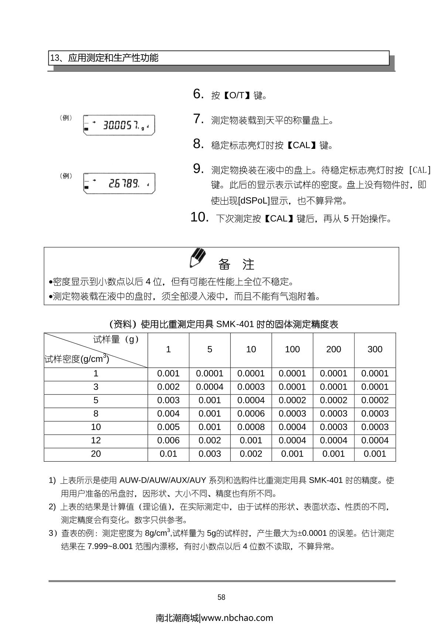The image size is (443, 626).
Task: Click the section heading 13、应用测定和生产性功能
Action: point(104,58)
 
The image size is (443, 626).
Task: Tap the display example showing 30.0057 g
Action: point(119,125)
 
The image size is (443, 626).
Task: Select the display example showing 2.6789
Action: point(119,183)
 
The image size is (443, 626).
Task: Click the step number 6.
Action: point(198,94)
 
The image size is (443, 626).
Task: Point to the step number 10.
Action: point(199,218)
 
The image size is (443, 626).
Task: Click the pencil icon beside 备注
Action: point(197,258)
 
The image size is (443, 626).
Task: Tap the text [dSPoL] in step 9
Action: point(254,201)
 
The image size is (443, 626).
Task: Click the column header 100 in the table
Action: point(292,349)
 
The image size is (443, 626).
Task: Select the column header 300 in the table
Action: point(375,349)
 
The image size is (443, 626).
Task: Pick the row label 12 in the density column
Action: point(96,441)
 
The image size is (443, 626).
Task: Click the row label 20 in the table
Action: point(96,454)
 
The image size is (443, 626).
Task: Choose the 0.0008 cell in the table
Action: point(251,427)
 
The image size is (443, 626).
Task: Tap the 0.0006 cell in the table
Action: point(251,414)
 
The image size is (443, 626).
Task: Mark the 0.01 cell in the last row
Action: point(168,454)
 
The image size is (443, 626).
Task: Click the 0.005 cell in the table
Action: point(168,427)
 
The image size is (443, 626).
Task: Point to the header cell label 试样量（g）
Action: point(116,340)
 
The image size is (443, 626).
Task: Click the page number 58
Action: point(221,597)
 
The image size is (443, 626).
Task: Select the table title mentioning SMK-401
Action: point(224,324)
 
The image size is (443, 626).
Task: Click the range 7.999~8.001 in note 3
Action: point(110,547)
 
